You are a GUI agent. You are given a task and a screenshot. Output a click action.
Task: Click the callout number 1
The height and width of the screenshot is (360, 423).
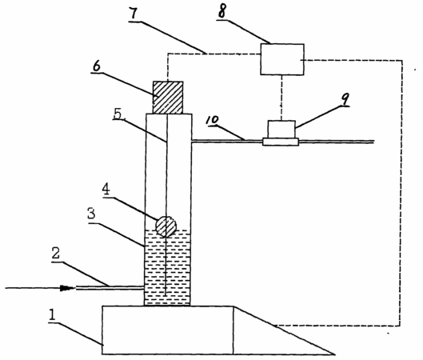point(52,315)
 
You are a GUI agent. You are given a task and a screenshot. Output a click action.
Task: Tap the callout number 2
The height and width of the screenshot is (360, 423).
point(56,254)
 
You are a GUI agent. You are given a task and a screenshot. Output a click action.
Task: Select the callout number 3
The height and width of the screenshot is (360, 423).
point(91,214)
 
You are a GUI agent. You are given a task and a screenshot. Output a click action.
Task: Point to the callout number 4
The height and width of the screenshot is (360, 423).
point(106,189)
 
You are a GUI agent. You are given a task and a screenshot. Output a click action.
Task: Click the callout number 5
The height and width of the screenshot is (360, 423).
point(118,114)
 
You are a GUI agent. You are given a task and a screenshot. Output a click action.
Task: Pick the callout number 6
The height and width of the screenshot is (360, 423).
point(96,66)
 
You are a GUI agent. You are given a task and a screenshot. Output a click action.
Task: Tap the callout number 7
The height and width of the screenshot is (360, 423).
point(134,14)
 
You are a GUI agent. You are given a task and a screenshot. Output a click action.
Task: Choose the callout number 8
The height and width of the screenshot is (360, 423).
point(221,12)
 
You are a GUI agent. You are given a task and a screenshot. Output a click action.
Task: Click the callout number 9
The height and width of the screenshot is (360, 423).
point(345,99)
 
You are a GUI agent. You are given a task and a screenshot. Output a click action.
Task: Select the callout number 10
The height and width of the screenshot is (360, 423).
point(213,120)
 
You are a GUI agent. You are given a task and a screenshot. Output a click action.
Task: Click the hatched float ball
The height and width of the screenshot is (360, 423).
point(166,226)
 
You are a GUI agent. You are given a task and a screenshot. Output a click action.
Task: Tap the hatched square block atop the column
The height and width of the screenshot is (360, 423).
point(168,97)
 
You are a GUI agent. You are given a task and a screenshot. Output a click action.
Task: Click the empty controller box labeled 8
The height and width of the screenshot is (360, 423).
point(282,59)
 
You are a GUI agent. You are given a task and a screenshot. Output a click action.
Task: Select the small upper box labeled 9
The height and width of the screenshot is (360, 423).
point(281,130)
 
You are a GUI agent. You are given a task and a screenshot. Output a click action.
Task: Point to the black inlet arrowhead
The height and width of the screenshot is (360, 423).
point(67,288)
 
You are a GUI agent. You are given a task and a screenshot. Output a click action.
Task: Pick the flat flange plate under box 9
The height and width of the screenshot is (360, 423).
point(281,142)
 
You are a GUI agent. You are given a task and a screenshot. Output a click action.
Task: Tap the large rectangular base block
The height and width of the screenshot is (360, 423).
point(168,330)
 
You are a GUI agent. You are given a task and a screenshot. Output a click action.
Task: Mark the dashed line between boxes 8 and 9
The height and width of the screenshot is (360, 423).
point(281,98)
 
